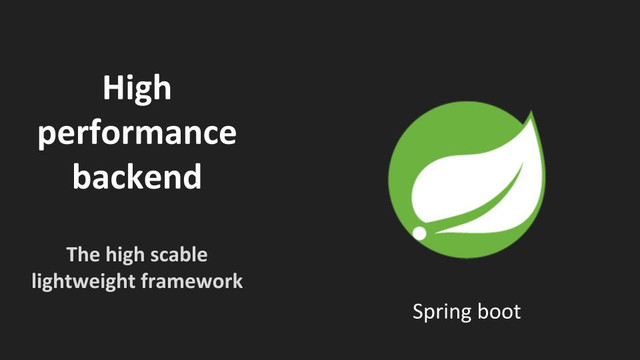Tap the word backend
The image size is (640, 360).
(x=137, y=176)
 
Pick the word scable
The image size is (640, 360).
(x=179, y=254)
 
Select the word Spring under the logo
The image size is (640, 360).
(x=442, y=313)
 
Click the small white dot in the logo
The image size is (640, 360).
(x=419, y=233)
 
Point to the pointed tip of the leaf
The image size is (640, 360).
(x=531, y=112)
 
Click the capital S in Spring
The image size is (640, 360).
(x=418, y=311)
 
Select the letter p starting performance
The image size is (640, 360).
(x=46, y=137)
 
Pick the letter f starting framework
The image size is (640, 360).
(x=146, y=281)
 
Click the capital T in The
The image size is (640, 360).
(x=73, y=255)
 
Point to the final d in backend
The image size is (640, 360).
(x=192, y=176)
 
